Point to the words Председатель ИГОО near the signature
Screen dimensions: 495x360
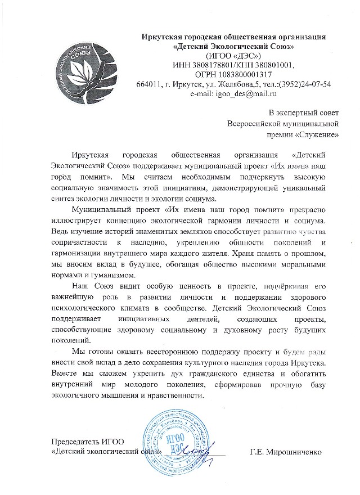click(x=87, y=441)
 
